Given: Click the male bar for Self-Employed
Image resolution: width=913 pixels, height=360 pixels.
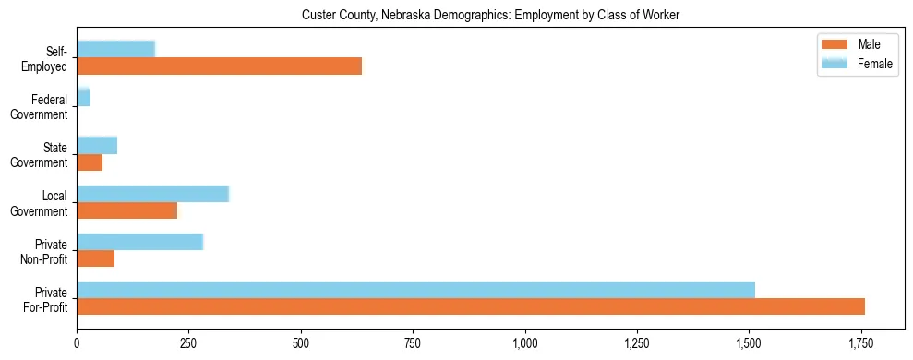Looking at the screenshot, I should pos(219,66).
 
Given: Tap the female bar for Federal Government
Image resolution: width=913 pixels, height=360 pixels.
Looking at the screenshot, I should pos(83,97).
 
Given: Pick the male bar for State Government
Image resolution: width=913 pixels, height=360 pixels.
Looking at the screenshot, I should pos(90,162).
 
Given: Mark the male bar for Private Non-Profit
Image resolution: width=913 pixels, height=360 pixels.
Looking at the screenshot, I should pos(95,258).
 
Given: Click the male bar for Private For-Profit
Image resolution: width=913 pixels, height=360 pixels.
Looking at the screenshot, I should pos(471,306).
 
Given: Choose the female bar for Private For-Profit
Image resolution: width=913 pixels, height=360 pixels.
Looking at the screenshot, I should pos(415,290).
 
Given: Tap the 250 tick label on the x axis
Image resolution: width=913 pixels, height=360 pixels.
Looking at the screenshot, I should pos(188,342).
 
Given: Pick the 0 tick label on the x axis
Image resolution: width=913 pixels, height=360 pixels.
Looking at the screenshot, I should pos(77,342).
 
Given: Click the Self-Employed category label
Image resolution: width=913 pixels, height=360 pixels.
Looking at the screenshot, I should pos(48,58).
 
